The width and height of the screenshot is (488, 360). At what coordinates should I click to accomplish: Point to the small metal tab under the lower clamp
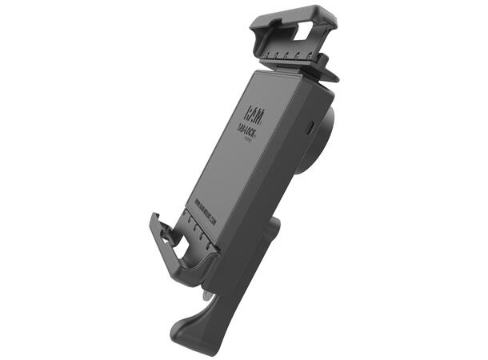coord(208,294)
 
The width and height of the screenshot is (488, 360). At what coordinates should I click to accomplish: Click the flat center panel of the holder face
coord(240,160)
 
